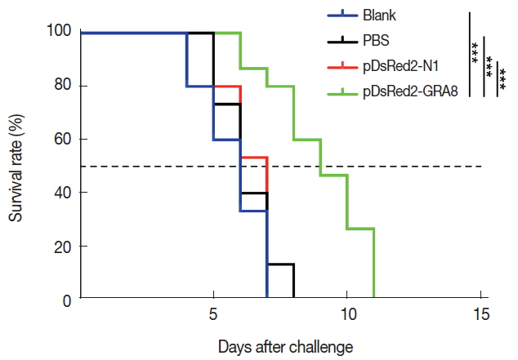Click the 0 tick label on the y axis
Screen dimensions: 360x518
pyautogui.click(x=67, y=300)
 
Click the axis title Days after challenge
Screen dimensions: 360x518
pyautogui.click(x=285, y=346)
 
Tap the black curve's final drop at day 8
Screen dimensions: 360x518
pyautogui.click(x=293, y=282)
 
